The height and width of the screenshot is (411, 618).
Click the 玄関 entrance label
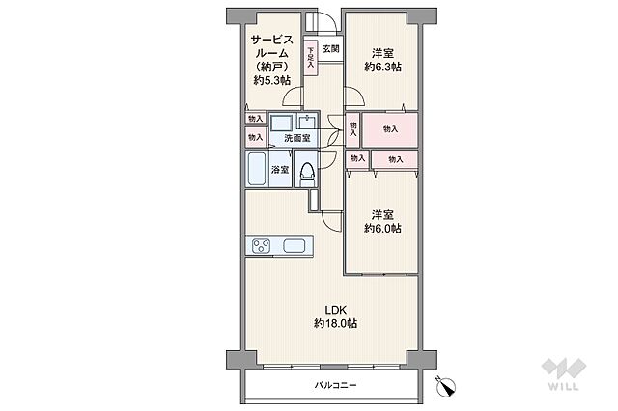pos(330,49)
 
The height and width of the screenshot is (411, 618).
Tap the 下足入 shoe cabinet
pos(311,58)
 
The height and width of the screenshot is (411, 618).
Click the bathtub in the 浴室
pos(257,169)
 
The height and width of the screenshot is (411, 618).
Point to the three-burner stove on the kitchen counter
pos(262,246)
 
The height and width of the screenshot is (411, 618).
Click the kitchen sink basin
pos(294,246)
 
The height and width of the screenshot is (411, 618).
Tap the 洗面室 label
pos(297,138)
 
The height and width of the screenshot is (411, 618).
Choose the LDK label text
pos(335,310)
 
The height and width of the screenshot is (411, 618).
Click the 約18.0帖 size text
pos(335,323)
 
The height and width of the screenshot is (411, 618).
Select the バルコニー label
pos(335,385)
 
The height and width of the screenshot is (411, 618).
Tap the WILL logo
pos(564,373)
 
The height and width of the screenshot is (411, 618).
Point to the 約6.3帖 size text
pos(382,67)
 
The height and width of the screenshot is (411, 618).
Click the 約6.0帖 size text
pos(382,229)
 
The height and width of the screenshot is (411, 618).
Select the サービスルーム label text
pos(272,46)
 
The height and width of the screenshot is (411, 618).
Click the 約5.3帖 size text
pos(272,81)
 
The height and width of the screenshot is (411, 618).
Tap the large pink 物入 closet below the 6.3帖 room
pos(390,129)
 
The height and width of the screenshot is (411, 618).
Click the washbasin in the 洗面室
pos(307,122)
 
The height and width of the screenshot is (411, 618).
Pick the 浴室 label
pos(279,170)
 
